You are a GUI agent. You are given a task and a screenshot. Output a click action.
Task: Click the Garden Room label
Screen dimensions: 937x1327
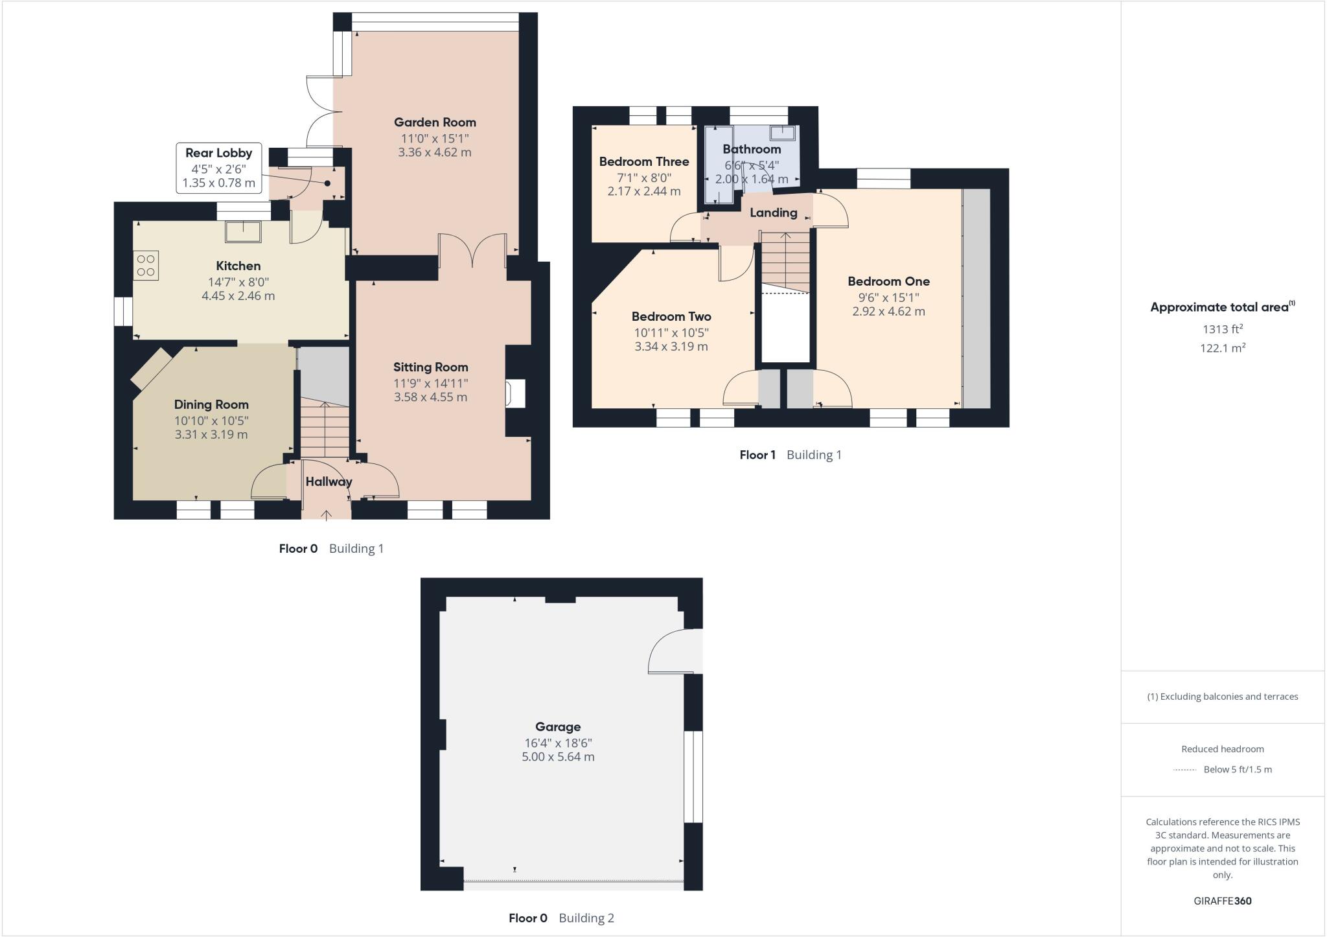click(x=435, y=122)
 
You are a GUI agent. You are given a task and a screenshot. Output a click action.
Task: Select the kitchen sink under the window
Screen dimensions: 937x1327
click(x=244, y=231)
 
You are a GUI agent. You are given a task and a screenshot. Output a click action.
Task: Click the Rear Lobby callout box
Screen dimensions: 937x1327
click(x=219, y=168)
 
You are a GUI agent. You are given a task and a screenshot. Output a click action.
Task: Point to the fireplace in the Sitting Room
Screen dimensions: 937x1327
click(x=516, y=394)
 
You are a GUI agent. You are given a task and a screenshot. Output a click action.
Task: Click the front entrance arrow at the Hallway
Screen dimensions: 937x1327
click(x=327, y=515)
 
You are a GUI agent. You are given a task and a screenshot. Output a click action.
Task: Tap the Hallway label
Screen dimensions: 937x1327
click(x=329, y=481)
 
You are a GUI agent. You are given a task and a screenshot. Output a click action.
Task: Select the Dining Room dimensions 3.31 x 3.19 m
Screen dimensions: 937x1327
click(x=211, y=435)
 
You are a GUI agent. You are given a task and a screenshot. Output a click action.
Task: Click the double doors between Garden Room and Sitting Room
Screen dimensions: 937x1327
click(x=472, y=251)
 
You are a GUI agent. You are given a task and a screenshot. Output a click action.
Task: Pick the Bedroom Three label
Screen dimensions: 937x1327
click(x=643, y=162)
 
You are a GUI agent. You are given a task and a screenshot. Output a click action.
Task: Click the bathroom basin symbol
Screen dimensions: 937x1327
click(x=783, y=133)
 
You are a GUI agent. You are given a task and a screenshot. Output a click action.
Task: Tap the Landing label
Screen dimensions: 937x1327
click(x=773, y=213)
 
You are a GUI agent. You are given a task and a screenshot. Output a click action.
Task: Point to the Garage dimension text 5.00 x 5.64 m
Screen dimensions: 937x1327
click(x=558, y=757)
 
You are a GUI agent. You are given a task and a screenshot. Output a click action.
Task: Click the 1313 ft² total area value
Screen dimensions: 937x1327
click(x=1223, y=329)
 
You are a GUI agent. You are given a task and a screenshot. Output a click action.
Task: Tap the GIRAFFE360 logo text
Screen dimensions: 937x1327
click(x=1222, y=901)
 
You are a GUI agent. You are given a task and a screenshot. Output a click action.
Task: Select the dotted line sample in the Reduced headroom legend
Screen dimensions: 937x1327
click(x=1184, y=770)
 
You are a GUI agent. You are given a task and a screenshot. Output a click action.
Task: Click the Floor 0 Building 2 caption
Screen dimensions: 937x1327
click(x=561, y=918)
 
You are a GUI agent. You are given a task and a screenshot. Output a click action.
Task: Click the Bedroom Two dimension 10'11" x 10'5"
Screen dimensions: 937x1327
click(x=671, y=333)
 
